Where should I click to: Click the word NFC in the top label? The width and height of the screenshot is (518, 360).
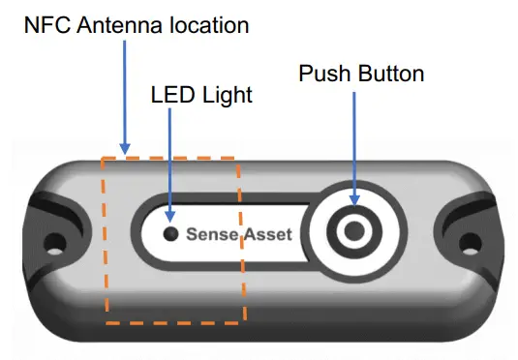click(46, 25)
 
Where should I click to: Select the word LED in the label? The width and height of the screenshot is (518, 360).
click(170, 96)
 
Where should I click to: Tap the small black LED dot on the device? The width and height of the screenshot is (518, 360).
click(170, 233)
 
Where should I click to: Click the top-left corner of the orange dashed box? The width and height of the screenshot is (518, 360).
click(102, 155)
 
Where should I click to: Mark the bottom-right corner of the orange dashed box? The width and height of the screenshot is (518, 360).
click(244, 320)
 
